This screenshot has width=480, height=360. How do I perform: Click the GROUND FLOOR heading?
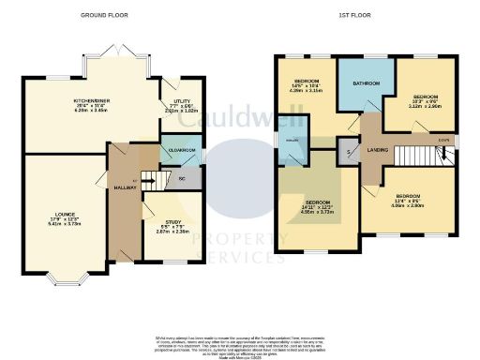[x=104, y=16]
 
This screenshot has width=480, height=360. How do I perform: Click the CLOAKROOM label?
[x=180, y=150]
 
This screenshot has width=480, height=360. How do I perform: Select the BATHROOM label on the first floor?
[x=366, y=83]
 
